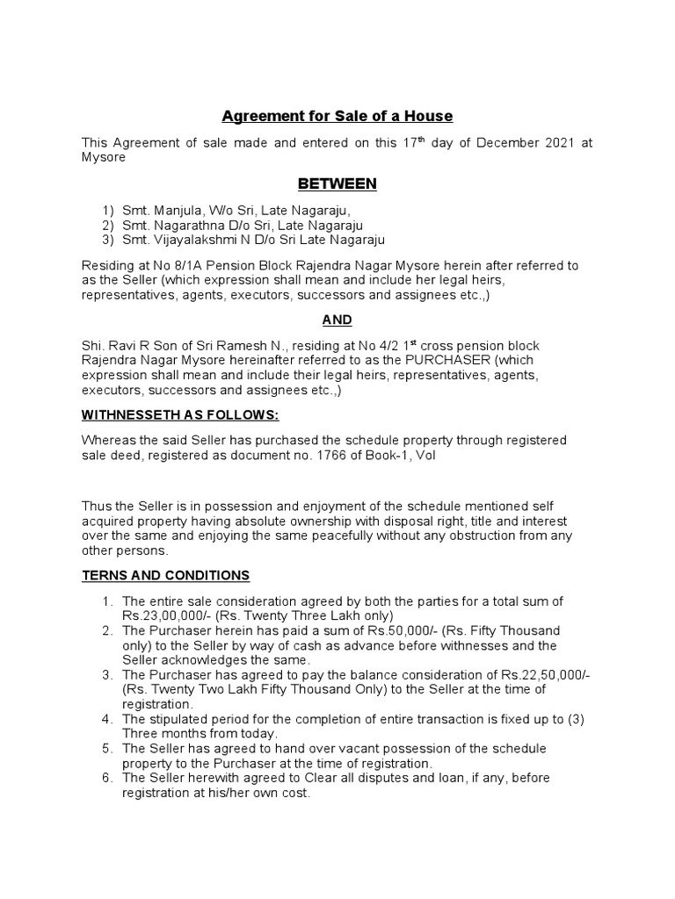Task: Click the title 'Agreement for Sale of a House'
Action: tap(337, 116)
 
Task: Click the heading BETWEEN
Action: tap(337, 183)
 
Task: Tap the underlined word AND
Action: tap(337, 321)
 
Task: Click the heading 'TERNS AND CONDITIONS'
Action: tap(165, 575)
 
